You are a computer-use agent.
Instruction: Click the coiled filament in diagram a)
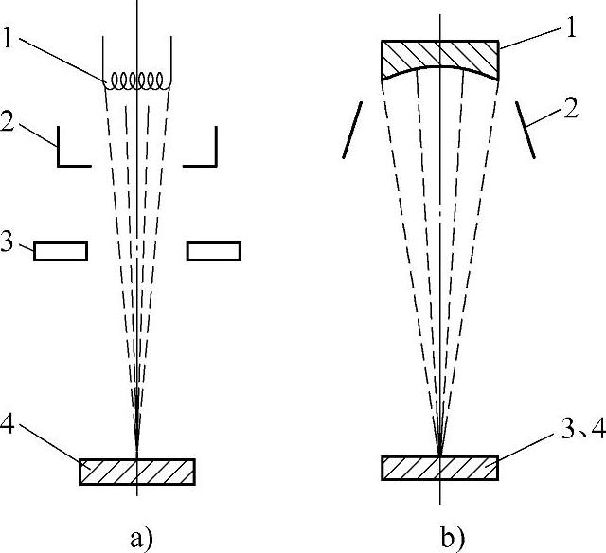pyautogui.click(x=138, y=81)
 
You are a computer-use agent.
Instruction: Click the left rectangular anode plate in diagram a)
pyautogui.click(x=62, y=251)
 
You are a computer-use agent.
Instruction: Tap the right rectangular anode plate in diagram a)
pyautogui.click(x=214, y=251)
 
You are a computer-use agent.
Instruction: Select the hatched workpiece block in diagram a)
pyautogui.click(x=137, y=472)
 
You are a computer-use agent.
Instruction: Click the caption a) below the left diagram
pyautogui.click(x=138, y=540)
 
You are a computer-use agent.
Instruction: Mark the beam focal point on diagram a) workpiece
pyautogui.click(x=138, y=459)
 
